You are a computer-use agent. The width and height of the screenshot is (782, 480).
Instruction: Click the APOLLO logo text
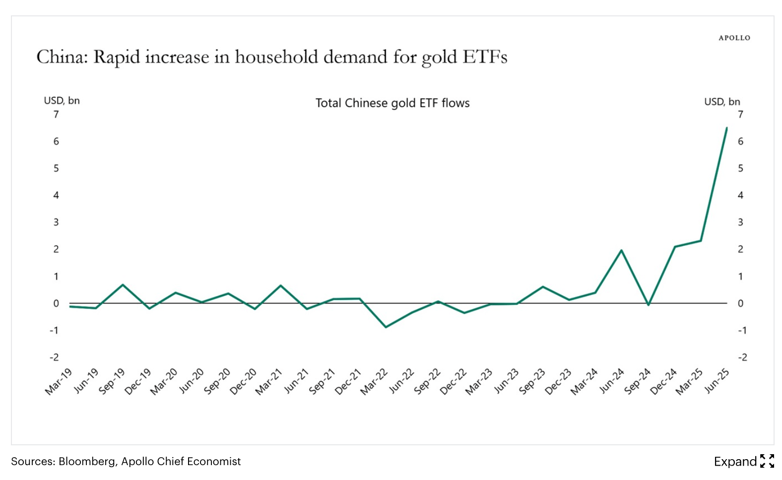point(734,38)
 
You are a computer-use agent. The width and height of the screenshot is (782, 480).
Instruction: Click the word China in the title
point(62,57)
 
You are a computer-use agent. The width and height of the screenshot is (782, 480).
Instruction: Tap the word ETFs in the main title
point(485,57)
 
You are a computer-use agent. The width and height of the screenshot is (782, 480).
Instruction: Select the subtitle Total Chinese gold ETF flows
point(392,103)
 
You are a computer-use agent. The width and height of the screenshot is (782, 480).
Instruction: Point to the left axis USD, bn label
point(62,101)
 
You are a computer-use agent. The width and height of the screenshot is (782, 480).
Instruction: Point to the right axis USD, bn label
point(722,102)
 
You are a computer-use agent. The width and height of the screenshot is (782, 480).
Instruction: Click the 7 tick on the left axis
point(56,115)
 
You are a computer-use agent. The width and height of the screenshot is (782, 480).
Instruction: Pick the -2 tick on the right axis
point(742,357)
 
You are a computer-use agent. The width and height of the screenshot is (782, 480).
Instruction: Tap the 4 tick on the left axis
point(56,195)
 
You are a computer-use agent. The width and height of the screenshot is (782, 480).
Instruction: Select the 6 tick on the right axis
point(740,141)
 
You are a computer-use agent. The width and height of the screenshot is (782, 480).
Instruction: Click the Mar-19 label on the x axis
point(59,381)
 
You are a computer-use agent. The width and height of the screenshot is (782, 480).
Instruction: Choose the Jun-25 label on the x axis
point(717,381)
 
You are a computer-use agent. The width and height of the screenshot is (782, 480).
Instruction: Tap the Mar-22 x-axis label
point(374,381)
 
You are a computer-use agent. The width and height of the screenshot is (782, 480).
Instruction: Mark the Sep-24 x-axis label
point(638,381)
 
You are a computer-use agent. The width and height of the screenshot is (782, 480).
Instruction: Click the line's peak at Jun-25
point(727,128)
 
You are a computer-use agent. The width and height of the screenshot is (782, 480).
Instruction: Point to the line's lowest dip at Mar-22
point(386,327)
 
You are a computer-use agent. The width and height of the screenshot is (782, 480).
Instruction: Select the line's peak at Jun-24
point(621,250)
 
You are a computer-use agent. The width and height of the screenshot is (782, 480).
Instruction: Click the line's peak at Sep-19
point(123,285)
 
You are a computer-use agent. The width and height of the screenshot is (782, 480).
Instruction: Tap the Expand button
point(744,462)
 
